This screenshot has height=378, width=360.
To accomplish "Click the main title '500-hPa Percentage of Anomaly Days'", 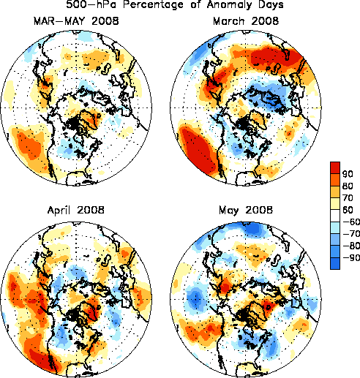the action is click(175, 4).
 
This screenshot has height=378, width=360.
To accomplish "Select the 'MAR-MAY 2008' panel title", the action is click(76, 21).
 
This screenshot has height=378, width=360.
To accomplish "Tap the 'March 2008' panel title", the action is click(246, 21).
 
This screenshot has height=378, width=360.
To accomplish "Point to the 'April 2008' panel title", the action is click(76, 210).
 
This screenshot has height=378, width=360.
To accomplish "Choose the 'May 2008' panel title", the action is click(246, 210).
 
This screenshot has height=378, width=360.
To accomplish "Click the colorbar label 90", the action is click(348, 174).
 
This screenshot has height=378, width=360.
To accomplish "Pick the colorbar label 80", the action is click(348, 186).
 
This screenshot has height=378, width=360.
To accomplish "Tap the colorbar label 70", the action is click(348, 198).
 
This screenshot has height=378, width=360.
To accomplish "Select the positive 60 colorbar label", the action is click(348, 210).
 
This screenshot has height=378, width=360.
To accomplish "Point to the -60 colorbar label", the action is click(351, 222).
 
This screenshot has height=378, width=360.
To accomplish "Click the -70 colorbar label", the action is click(351, 234).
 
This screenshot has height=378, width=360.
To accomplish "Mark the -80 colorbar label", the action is click(351, 246).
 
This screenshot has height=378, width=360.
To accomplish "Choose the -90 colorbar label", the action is click(351, 257).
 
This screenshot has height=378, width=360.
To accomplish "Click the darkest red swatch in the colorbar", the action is click(335, 167).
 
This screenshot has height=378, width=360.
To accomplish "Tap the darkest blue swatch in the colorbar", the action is click(335, 263).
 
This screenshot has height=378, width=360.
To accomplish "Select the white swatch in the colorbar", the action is click(335, 216).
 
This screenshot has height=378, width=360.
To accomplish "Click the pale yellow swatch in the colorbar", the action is click(335, 204).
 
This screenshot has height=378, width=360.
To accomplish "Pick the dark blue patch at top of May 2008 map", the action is click(253, 229).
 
